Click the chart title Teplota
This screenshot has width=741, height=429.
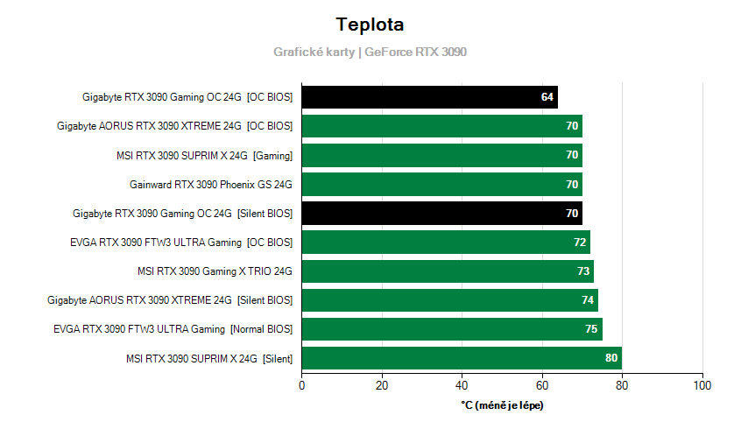(x=370, y=25)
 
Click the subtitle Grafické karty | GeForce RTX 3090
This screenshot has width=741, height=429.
(x=370, y=52)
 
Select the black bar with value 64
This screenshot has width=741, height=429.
(x=429, y=97)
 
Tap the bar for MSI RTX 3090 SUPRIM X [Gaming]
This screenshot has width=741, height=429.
(x=441, y=155)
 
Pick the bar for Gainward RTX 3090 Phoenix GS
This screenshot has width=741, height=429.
(x=441, y=184)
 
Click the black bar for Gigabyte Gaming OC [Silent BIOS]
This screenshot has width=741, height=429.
(x=441, y=213)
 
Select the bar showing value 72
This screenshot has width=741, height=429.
(x=446, y=242)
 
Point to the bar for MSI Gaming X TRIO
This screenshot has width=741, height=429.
(x=448, y=271)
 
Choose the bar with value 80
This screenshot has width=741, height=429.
(x=462, y=357)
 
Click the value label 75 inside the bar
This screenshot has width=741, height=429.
(x=591, y=329)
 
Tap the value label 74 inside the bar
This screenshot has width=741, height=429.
(x=587, y=300)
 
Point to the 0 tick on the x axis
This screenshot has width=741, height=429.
(x=302, y=385)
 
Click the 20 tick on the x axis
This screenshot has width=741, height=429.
(x=382, y=385)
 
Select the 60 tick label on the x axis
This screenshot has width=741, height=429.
(x=542, y=385)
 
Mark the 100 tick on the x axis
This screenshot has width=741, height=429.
(x=702, y=385)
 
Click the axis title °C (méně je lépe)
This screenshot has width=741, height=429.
(x=502, y=404)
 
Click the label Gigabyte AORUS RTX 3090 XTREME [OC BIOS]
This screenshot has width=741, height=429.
(x=174, y=126)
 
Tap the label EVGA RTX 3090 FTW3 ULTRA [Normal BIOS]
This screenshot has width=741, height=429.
(x=173, y=328)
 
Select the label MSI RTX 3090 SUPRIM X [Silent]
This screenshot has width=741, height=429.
(x=208, y=357)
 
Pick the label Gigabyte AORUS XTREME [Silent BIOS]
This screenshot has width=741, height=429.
(x=170, y=299)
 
